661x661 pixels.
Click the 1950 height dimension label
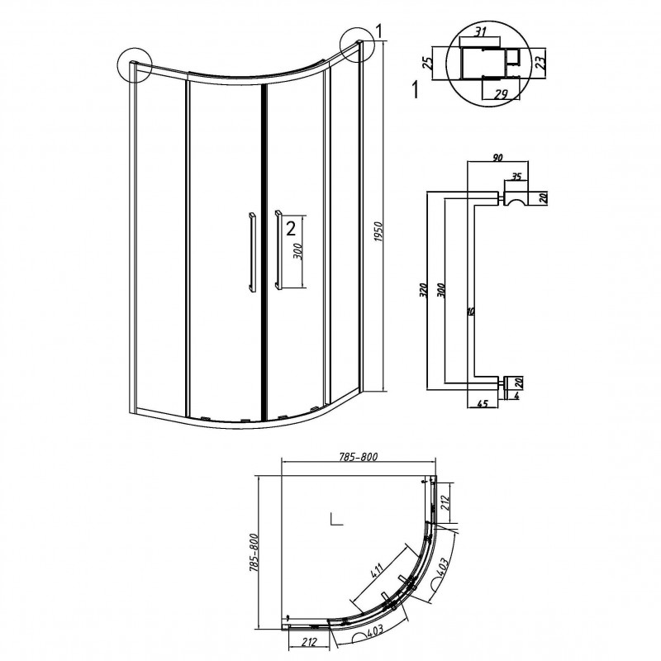click(x=378, y=231)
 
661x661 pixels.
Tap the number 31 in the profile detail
click(x=479, y=31)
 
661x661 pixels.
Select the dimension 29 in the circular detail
click(x=502, y=94)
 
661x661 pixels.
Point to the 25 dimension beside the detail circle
click(x=428, y=63)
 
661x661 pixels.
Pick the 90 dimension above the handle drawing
click(x=498, y=158)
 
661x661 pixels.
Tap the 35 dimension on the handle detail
click(x=516, y=176)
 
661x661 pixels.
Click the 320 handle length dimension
click(x=424, y=290)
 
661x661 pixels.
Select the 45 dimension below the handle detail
click(x=483, y=403)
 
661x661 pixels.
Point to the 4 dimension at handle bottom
click(x=517, y=396)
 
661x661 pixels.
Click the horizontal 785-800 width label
click(x=358, y=456)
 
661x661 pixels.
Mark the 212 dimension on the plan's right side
click(x=446, y=502)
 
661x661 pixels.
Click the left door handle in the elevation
click(x=252, y=252)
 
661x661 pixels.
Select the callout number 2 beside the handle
click(x=291, y=228)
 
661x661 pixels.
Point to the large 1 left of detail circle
click(x=416, y=90)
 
